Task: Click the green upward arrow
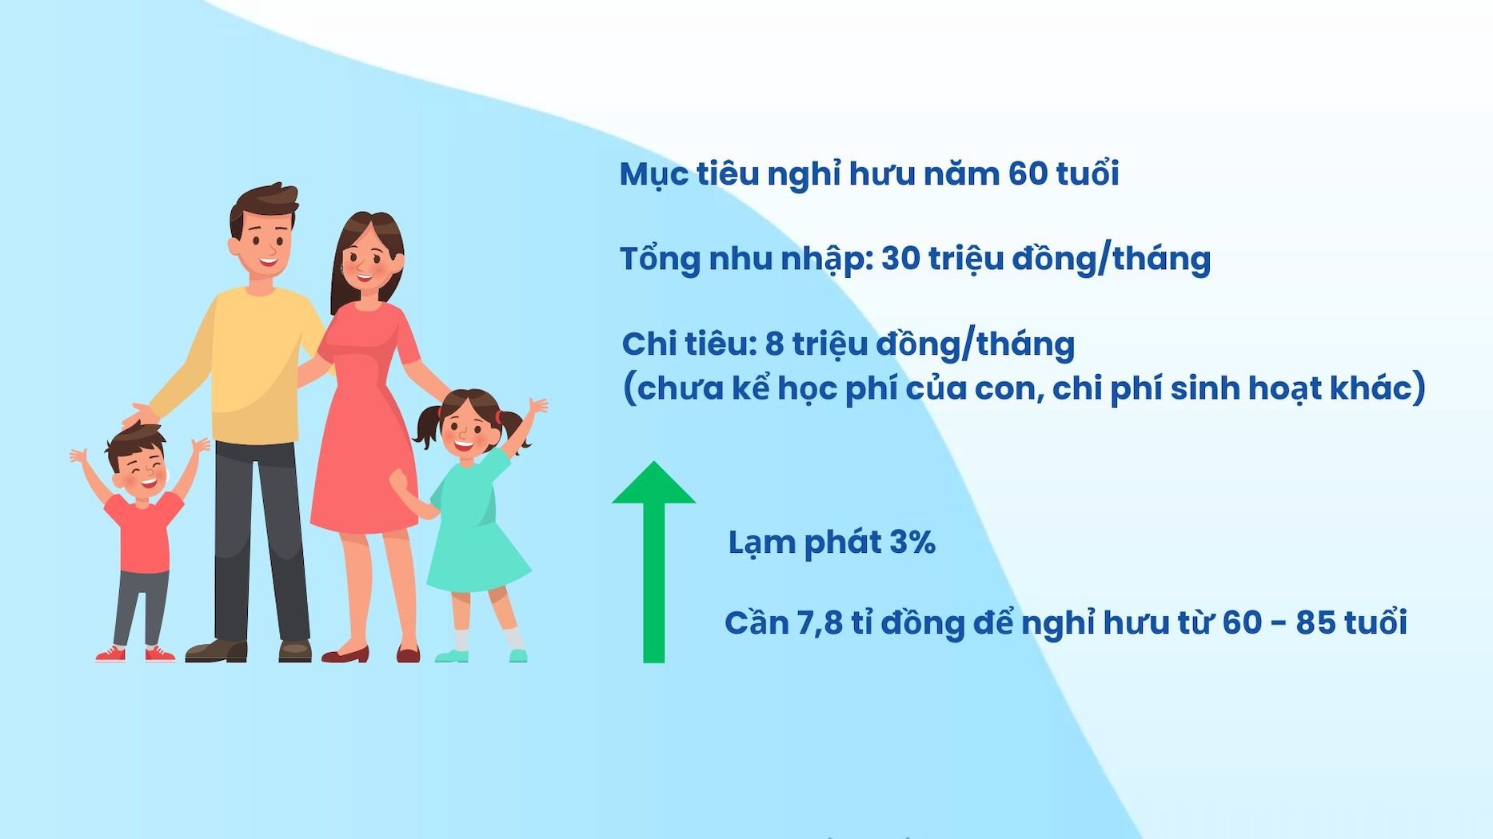[653, 563]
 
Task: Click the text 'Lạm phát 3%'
[832, 543]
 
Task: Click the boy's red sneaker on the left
[110, 654]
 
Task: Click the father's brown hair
[264, 202]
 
